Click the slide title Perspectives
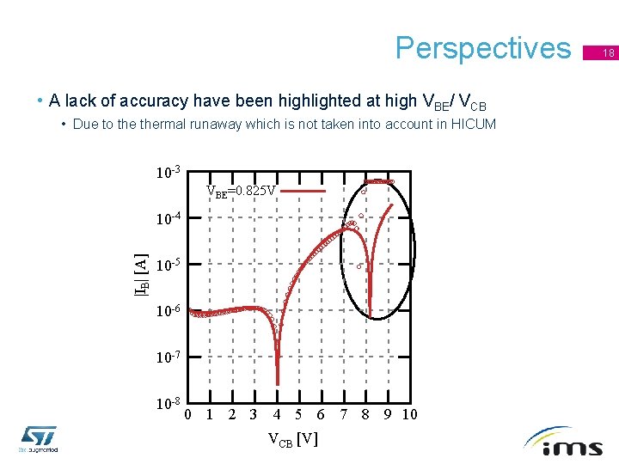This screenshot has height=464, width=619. (x=482, y=48)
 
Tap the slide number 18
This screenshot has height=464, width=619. (x=607, y=53)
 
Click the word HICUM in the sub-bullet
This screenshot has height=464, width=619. (x=470, y=124)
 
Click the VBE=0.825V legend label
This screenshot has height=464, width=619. (x=241, y=191)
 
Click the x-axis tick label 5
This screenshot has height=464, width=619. (x=297, y=415)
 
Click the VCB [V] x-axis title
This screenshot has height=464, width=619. (x=292, y=440)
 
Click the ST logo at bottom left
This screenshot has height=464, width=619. (x=39, y=438)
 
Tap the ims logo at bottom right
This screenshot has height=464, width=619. (x=569, y=442)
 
